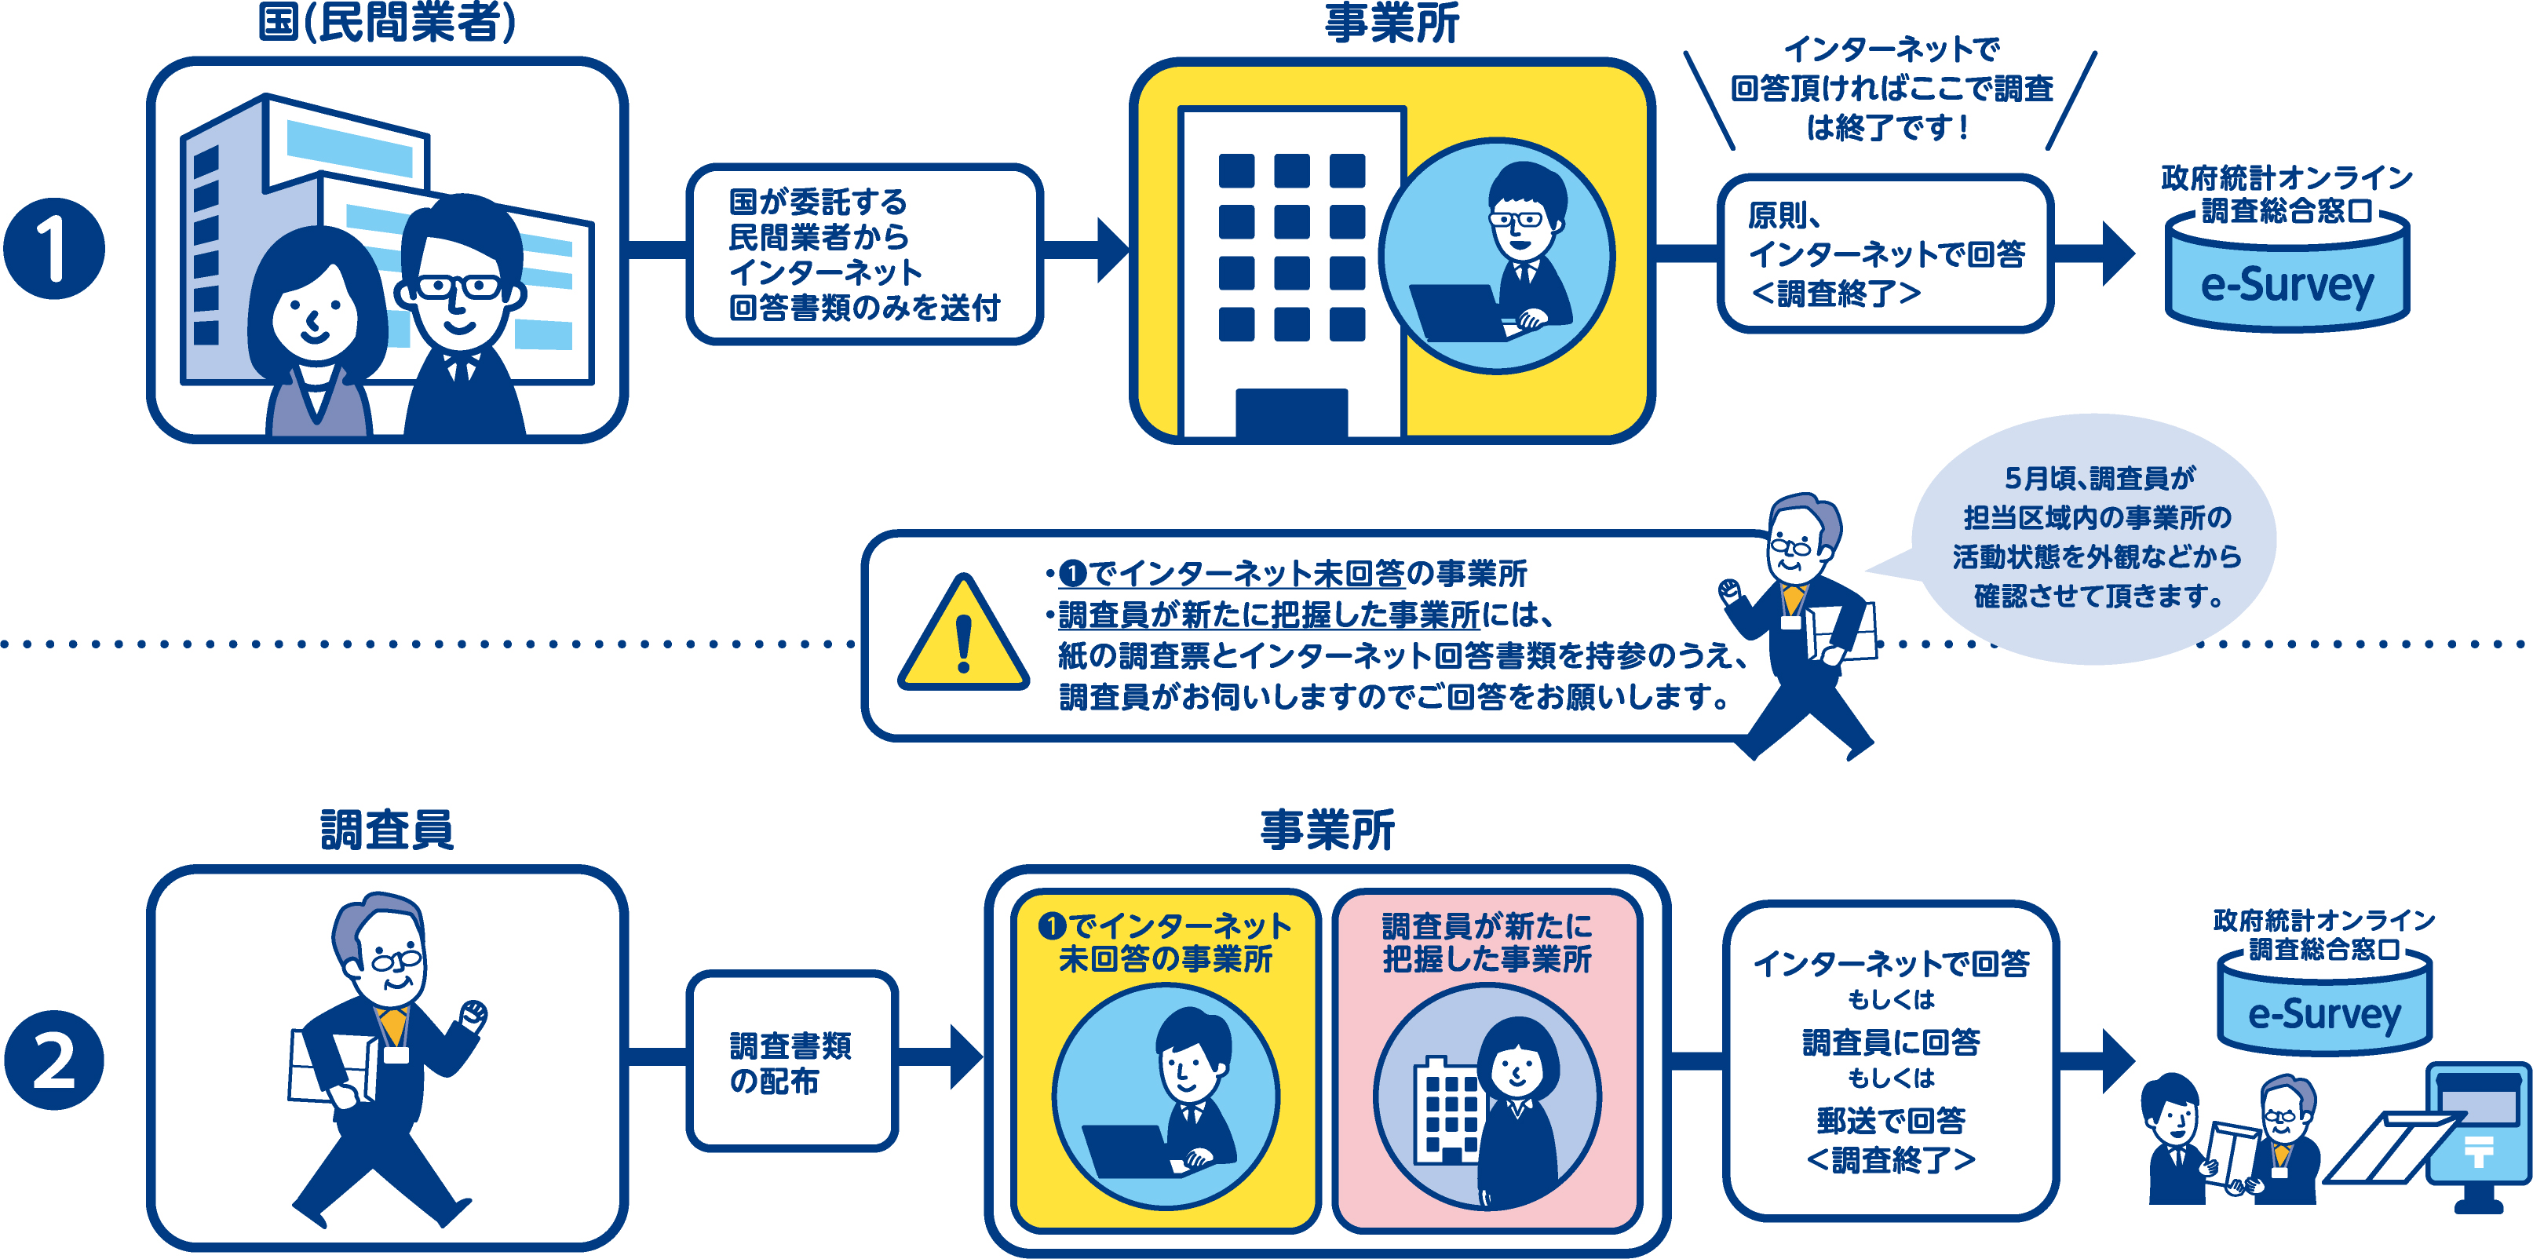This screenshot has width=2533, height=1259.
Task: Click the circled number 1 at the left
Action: [x=54, y=249]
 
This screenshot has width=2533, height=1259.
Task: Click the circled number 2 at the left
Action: [x=54, y=1060]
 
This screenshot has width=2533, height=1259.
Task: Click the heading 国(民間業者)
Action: [x=386, y=22]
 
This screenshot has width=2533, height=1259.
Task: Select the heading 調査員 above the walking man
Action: [x=386, y=829]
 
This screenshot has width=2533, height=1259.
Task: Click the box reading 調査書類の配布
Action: [x=791, y=1061]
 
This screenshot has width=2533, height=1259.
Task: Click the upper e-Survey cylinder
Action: [x=2287, y=280]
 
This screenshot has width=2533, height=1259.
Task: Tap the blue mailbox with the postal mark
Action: [x=2476, y=1131]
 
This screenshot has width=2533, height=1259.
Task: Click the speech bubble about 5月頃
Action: [x=2094, y=537]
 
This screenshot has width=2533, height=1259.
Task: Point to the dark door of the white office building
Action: [x=1291, y=413]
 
